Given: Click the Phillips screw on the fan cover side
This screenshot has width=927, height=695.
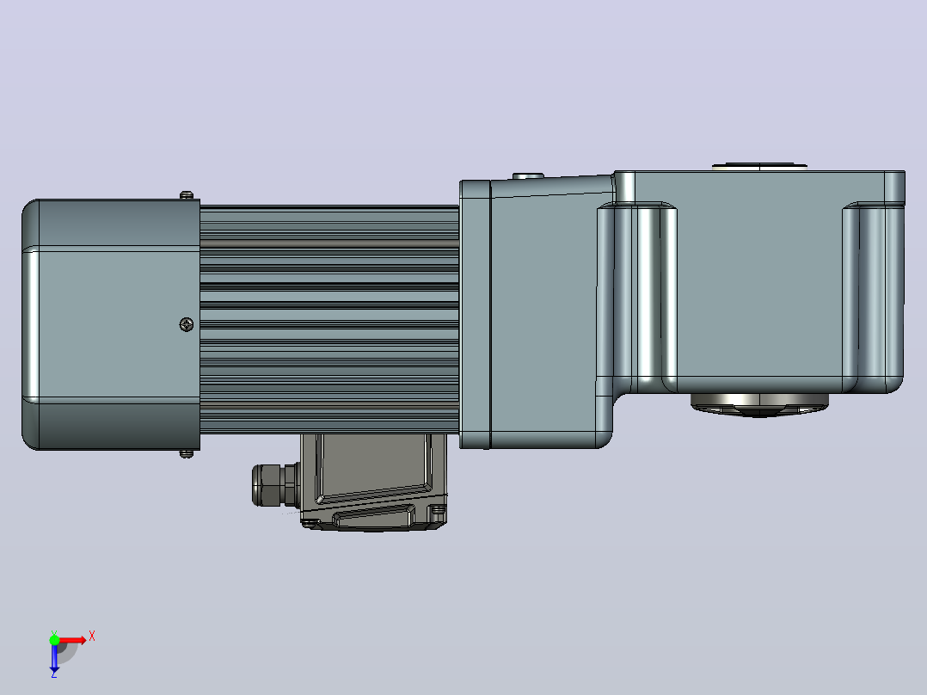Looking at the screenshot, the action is point(187,324).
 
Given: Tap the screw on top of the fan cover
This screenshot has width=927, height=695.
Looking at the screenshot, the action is point(187,194).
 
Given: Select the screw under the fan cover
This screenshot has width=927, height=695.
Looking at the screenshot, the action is point(187,453).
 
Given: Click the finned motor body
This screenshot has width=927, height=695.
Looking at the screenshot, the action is point(329,319).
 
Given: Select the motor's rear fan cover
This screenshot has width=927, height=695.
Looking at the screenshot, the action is point(111,324).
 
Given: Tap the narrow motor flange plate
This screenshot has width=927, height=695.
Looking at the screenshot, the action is point(475,314).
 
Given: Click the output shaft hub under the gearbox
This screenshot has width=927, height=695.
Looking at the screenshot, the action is point(759,405).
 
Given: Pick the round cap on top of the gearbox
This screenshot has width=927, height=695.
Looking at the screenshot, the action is point(759,167).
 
